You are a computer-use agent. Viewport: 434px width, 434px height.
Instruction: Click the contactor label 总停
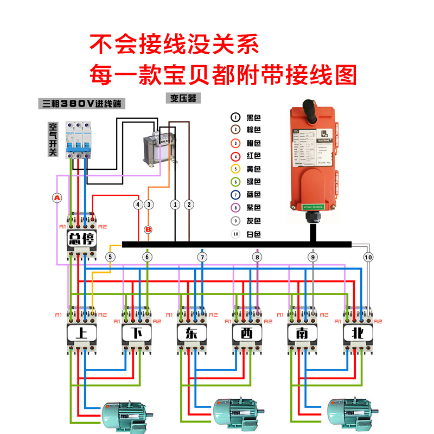(81, 239)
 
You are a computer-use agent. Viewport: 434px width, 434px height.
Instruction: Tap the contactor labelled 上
(81, 333)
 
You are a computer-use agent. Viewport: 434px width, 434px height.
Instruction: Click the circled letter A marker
(58, 198)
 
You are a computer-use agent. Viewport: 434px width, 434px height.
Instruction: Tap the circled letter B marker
(148, 230)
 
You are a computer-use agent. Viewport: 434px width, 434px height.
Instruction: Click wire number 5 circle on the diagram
(111, 257)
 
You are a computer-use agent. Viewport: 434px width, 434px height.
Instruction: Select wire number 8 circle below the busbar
(257, 257)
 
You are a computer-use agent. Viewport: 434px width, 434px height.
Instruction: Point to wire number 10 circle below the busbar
(369, 257)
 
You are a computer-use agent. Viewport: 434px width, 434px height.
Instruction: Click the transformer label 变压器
(182, 98)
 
